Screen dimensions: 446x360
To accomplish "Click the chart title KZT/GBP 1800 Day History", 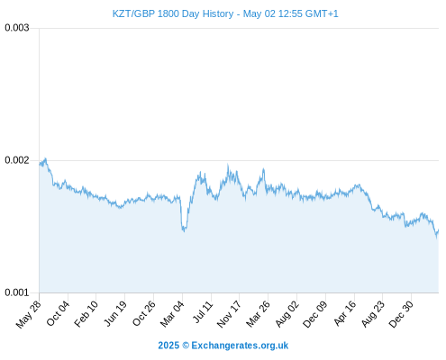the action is click(x=173, y=13).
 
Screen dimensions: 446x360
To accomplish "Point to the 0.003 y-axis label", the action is click(x=17, y=28).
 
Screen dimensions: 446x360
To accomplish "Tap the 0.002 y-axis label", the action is click(x=17, y=160).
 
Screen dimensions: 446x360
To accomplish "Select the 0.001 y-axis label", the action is click(x=17, y=292).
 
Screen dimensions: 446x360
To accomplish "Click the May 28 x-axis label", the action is click(x=29, y=314).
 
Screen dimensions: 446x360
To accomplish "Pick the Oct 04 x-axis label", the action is click(x=58, y=313).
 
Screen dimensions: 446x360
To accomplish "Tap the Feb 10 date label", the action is click(x=86, y=314).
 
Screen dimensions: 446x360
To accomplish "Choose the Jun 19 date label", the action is click(x=115, y=313).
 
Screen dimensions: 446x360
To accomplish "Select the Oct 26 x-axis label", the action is click(x=144, y=313).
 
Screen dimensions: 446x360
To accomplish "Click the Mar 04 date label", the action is click(x=172, y=314).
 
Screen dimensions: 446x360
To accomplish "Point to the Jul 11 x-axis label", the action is click(x=203, y=312).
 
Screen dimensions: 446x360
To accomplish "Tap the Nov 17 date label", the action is click(x=229, y=314).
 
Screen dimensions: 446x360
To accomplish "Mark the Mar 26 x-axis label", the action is click(x=258, y=314).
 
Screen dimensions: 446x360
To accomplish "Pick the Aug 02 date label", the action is click(x=287, y=314).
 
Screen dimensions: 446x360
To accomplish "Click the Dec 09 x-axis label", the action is click(x=314, y=314).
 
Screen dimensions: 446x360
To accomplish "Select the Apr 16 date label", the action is click(x=345, y=313).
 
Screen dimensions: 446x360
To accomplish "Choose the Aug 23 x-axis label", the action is click(x=373, y=314).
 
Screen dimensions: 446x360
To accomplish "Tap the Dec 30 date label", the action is click(x=401, y=314).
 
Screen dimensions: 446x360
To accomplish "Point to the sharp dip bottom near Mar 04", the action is click(x=184, y=231).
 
